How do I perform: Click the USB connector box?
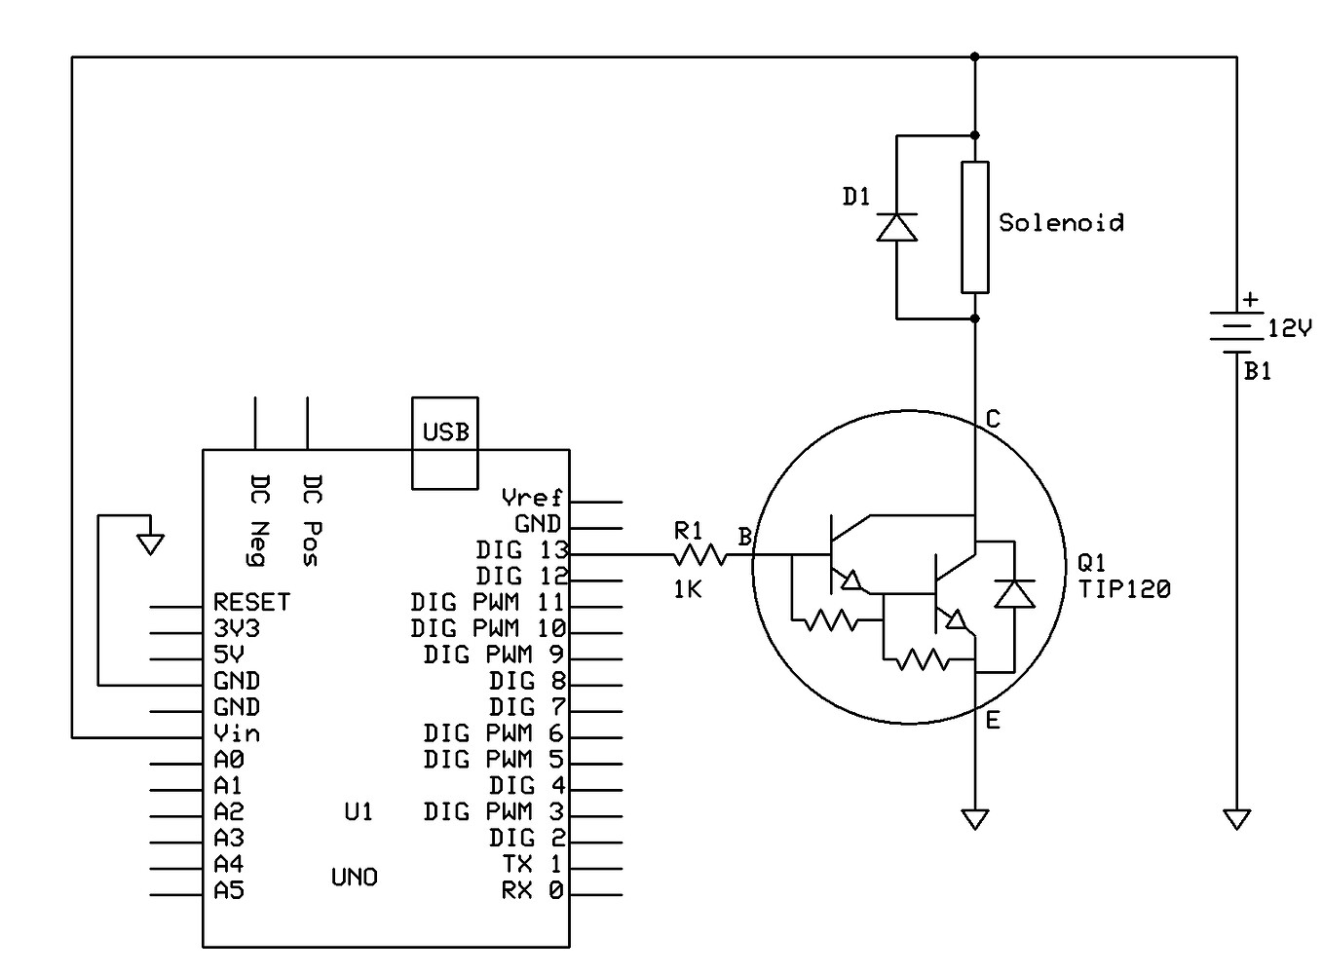coord(444,442)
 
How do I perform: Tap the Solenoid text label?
coord(1061,223)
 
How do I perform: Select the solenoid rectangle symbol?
coord(974,227)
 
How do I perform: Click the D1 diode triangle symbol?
coord(896,227)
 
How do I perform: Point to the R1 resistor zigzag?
coord(699,555)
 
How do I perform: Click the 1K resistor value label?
coord(688,588)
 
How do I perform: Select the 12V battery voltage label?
coord(1289,329)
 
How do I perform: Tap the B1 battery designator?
coord(1258,371)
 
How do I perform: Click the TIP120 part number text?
coord(1124,588)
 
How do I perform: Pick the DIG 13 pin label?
coord(521,549)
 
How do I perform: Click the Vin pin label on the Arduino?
coord(237,733)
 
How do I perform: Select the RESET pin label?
coord(251,602)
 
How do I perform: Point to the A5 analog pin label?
coord(229,890)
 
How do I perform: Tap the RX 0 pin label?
coord(532,890)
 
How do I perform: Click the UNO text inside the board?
coord(355,878)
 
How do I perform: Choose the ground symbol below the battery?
coord(1236,819)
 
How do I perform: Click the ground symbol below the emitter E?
coord(974,819)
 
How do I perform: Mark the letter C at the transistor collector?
coord(993,419)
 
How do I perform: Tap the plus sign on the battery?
coord(1250,300)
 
